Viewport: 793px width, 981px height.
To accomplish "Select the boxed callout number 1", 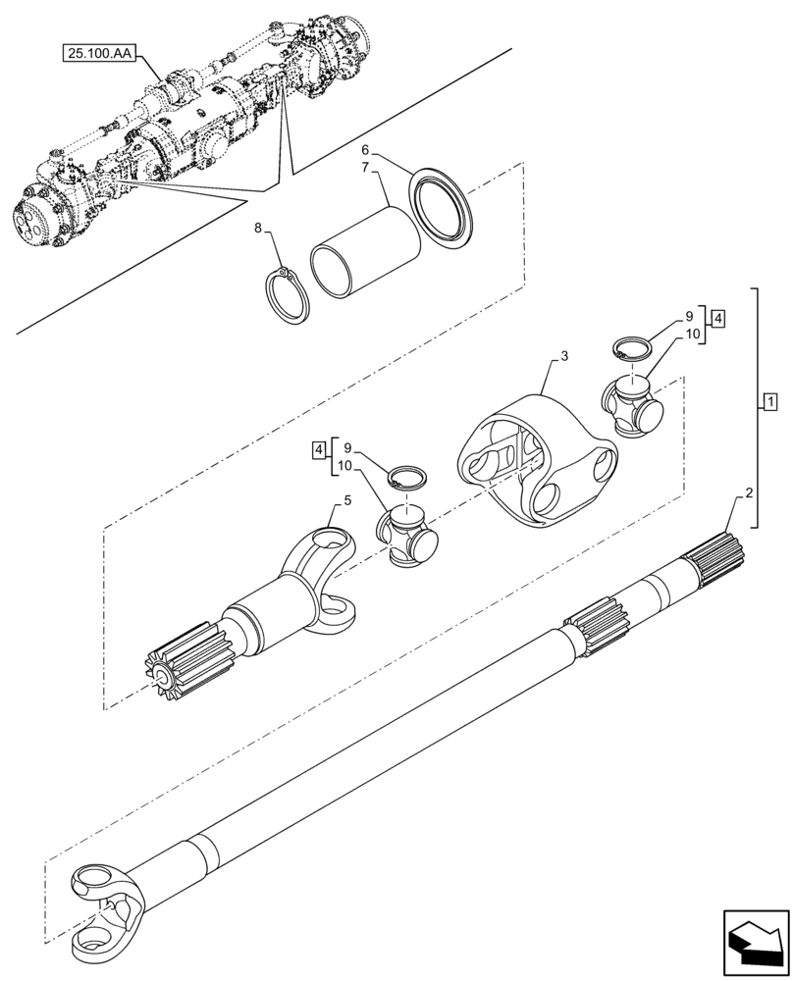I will tap(770, 402).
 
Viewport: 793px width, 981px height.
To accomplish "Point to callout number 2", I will tap(749, 494).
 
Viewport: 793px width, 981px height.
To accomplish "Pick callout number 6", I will tap(365, 151).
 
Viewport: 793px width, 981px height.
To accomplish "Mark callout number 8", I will tap(258, 229).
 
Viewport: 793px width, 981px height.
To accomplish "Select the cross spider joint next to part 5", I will tap(405, 536).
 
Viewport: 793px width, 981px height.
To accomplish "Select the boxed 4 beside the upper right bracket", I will tap(719, 318).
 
